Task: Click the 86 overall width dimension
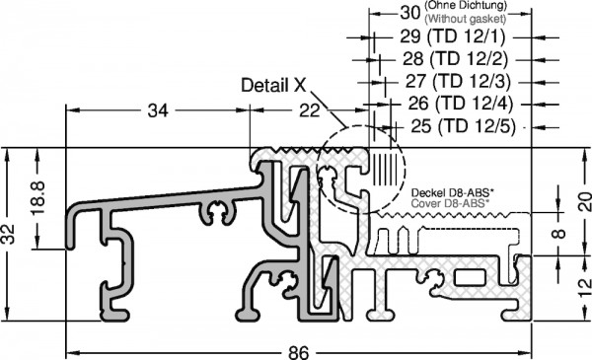click(x=299, y=353)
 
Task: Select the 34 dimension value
click(x=158, y=110)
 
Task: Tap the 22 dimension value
click(x=310, y=110)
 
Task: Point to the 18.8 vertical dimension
click(x=38, y=197)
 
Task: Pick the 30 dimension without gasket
click(x=410, y=13)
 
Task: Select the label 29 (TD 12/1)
click(x=452, y=36)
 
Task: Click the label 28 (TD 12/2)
click(x=455, y=58)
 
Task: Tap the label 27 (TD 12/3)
click(x=458, y=81)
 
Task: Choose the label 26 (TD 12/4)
click(x=461, y=103)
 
